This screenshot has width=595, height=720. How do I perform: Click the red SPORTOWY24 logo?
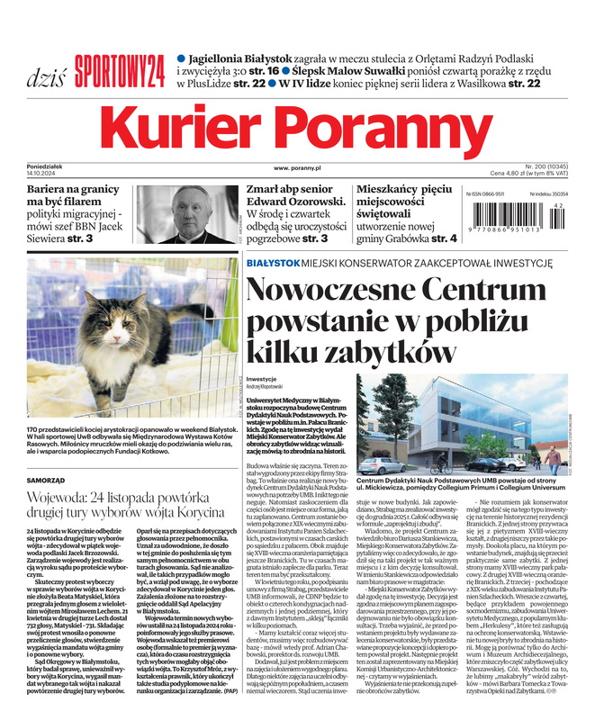(120, 68)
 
